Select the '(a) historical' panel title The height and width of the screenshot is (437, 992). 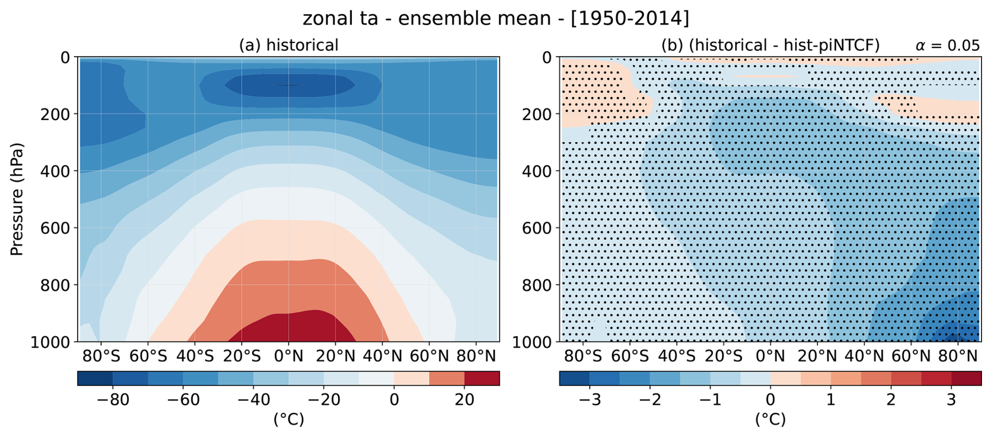[x=288, y=45]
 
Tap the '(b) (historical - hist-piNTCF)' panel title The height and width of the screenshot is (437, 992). [x=770, y=45]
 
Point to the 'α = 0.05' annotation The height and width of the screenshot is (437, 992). [x=947, y=46]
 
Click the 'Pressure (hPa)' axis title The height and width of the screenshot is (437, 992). [x=17, y=199]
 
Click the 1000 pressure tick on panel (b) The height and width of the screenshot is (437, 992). [x=532, y=342]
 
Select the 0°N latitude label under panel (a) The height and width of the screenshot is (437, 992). [x=288, y=356]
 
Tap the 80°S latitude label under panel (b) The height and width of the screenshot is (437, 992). [x=583, y=356]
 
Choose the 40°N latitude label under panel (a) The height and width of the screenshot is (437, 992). [x=382, y=356]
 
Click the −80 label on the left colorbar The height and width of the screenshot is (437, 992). [x=113, y=400]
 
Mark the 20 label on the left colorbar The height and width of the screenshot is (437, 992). [x=465, y=400]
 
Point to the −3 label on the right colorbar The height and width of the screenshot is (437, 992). [x=590, y=400]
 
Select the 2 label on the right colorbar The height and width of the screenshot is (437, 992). [x=891, y=400]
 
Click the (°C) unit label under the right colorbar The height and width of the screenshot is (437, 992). [x=770, y=419]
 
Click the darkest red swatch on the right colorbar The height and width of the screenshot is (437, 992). [x=966, y=378]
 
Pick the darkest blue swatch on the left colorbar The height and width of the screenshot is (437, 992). [x=95, y=378]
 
